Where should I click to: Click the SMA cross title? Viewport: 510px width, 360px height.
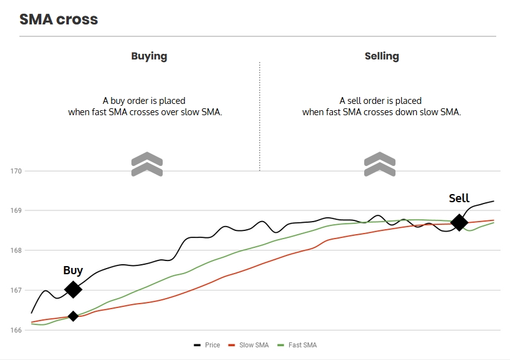pyautogui.click(x=59, y=19)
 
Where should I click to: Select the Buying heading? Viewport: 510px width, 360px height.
pyautogui.click(x=149, y=56)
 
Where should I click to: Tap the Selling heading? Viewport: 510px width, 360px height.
pyautogui.click(x=382, y=56)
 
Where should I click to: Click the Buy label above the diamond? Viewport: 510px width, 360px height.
pyautogui.click(x=73, y=270)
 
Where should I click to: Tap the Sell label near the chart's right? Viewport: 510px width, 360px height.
pyautogui.click(x=459, y=198)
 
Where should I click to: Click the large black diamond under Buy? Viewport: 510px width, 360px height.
pyautogui.click(x=73, y=289)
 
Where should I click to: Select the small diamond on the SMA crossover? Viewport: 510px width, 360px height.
pyautogui.click(x=73, y=316)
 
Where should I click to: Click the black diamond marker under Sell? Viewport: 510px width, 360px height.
pyautogui.click(x=459, y=222)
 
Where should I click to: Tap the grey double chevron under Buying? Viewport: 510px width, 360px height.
pyautogui.click(x=147, y=164)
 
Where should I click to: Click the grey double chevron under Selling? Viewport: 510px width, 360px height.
pyautogui.click(x=380, y=164)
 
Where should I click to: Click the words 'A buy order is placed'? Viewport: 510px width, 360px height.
pyautogui.click(x=144, y=100)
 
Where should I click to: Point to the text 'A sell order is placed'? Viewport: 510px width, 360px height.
pyautogui.click(x=380, y=100)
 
